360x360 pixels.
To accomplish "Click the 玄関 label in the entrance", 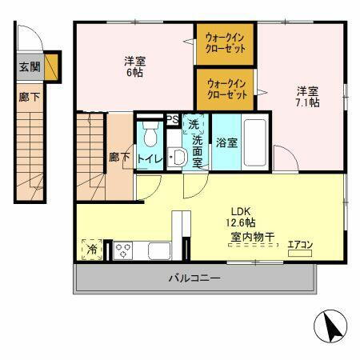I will coord(28,68).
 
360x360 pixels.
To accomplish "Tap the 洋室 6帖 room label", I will coord(135,66).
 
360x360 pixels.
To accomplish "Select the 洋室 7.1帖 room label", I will coord(308,97).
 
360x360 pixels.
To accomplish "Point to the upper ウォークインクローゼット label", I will coord(226,42).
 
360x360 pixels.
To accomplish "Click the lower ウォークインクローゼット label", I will coord(226,88).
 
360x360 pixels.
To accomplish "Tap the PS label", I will coord(172,120).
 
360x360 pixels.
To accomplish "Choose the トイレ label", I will coord(150,158).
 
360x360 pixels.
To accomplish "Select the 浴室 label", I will coord(226,142).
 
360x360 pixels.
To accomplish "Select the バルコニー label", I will coord(194,278).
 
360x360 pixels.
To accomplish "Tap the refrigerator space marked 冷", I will coord(92,250).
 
